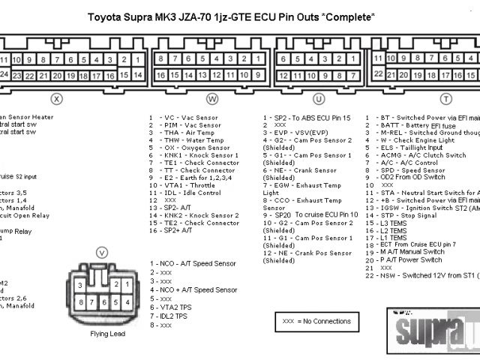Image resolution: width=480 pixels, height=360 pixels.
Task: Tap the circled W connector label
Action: point(212,98)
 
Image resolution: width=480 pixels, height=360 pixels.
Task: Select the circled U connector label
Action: point(319,98)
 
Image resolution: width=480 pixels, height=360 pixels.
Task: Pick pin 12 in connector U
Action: point(283,75)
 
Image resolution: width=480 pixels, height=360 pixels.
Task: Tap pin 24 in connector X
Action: point(5,75)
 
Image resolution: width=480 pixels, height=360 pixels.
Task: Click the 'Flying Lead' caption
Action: point(107,334)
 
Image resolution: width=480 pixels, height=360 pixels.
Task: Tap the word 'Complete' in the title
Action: point(352,16)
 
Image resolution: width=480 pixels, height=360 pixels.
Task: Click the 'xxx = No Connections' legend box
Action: point(316,321)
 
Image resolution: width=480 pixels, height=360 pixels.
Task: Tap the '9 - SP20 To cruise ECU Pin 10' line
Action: point(310,215)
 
